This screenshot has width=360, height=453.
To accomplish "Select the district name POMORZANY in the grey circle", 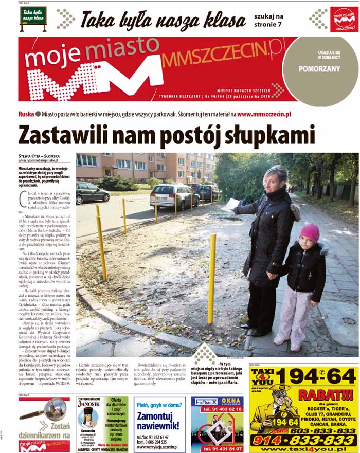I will [320, 67].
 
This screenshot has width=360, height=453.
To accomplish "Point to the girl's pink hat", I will [309, 232].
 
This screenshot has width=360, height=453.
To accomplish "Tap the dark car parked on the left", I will [92, 192].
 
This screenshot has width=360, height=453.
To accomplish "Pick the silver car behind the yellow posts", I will [173, 195].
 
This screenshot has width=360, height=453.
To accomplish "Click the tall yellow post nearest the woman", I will [211, 278].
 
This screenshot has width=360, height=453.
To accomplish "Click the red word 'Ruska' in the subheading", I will [26, 114].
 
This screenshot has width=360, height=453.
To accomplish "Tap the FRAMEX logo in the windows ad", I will [205, 402].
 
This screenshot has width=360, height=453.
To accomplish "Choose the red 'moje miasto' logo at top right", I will [344, 20].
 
